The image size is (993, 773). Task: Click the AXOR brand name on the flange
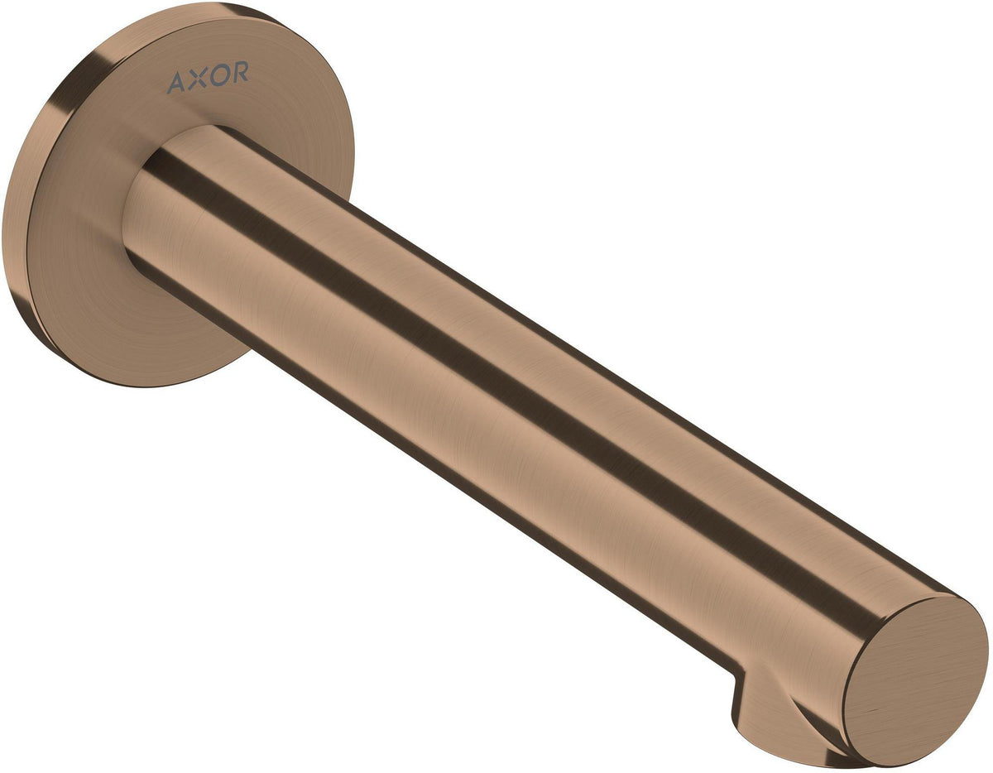[208, 77]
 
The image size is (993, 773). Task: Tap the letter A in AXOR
[176, 84]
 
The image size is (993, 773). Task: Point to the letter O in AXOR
[218, 74]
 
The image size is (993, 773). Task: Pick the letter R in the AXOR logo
[239, 71]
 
